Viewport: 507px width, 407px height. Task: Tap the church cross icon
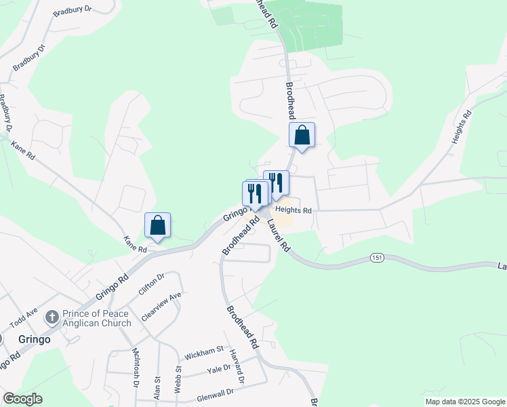(52, 317)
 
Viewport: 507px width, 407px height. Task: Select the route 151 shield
(378, 258)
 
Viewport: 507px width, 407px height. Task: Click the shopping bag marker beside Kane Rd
(157, 225)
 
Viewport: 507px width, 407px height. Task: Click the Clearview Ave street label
(162, 307)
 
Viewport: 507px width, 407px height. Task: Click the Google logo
(22, 399)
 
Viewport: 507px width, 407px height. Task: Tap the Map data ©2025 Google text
(464, 402)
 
